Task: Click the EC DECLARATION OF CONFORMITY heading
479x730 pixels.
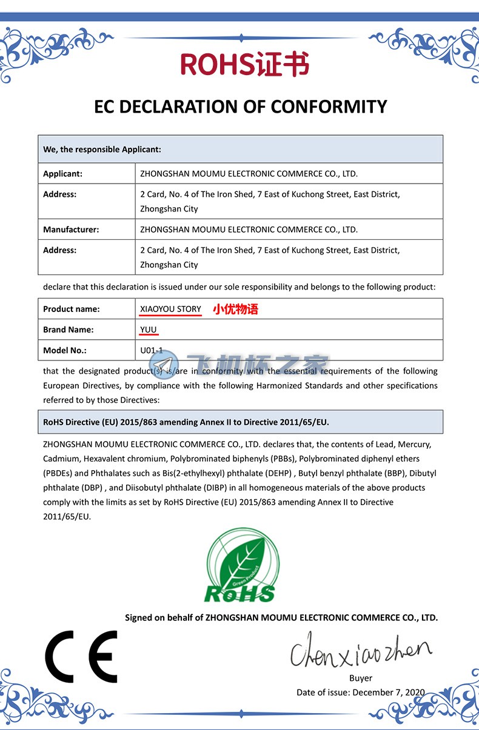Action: click(240, 107)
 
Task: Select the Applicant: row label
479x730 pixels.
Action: click(62, 174)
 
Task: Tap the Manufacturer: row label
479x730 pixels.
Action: click(71, 230)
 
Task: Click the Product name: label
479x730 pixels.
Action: click(71, 309)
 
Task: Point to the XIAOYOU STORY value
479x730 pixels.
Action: click(170, 309)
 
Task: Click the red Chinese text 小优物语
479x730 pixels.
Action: click(235, 310)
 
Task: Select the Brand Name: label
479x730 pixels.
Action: click(68, 330)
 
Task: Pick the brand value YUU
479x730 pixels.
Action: click(149, 330)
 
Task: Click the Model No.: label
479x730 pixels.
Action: click(65, 350)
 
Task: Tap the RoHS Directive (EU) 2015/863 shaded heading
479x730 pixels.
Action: click(186, 422)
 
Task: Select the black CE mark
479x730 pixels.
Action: click(81, 656)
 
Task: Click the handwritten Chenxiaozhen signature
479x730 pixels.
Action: click(360, 649)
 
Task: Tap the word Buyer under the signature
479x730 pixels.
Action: click(361, 678)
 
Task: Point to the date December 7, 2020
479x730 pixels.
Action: click(389, 692)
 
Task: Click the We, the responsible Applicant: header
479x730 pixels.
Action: click(102, 149)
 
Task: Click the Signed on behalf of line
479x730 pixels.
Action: click(281, 617)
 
